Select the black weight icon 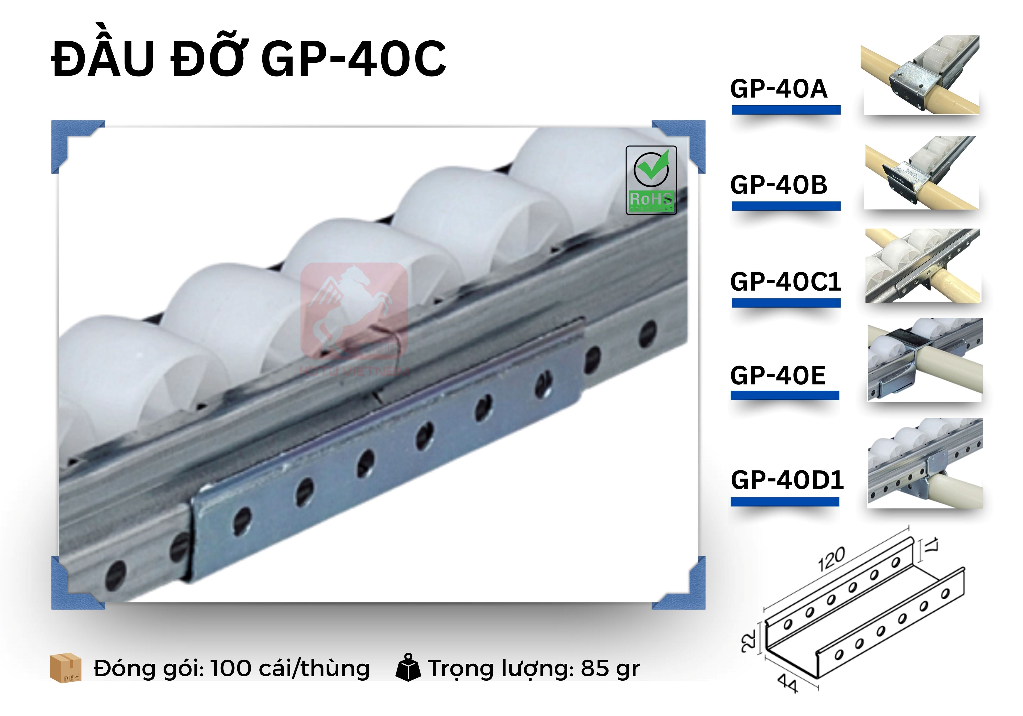click(408, 667)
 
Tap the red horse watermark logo click(354, 312)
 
